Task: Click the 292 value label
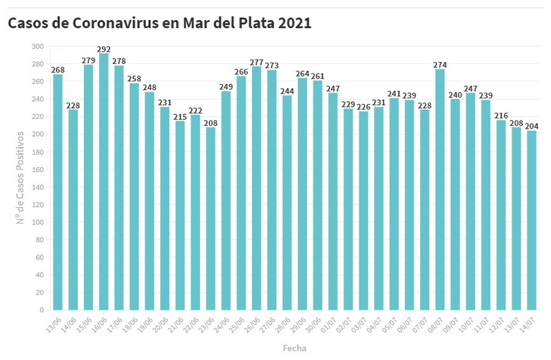point(103,49)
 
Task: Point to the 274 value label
point(439,65)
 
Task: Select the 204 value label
point(531,126)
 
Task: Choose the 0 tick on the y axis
point(41,310)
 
